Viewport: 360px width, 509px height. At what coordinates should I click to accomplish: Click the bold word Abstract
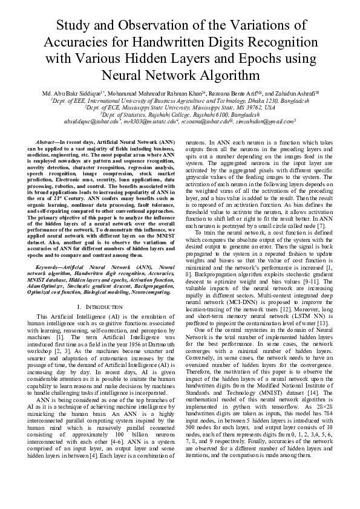48,140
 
